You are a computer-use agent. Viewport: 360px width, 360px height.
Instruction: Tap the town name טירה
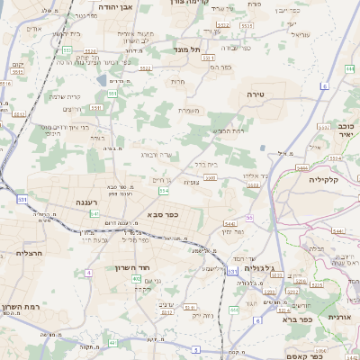[x=256, y=94]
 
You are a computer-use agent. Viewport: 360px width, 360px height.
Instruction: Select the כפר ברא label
[x=296, y=319]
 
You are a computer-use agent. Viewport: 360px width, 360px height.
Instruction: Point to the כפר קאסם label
[x=303, y=356]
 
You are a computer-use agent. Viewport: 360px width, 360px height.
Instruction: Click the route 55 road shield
[x=249, y=218]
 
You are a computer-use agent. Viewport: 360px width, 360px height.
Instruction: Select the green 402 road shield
[x=136, y=279]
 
